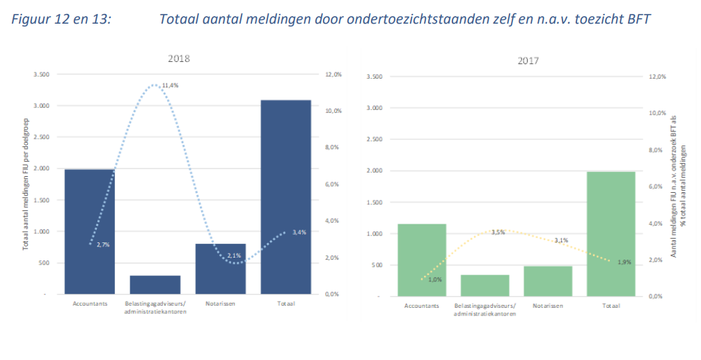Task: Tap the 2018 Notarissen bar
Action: tap(220, 269)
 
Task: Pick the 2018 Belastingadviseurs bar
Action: tap(155, 285)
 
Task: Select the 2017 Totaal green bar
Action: tap(611, 233)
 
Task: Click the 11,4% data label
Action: tap(170, 86)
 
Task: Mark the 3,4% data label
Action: tap(299, 232)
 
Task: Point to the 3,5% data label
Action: tap(498, 232)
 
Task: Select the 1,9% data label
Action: tap(624, 262)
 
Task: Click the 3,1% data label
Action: tap(561, 240)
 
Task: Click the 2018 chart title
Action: tap(178, 58)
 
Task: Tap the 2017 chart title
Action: tap(528, 61)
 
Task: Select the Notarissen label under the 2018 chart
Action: tap(221, 304)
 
